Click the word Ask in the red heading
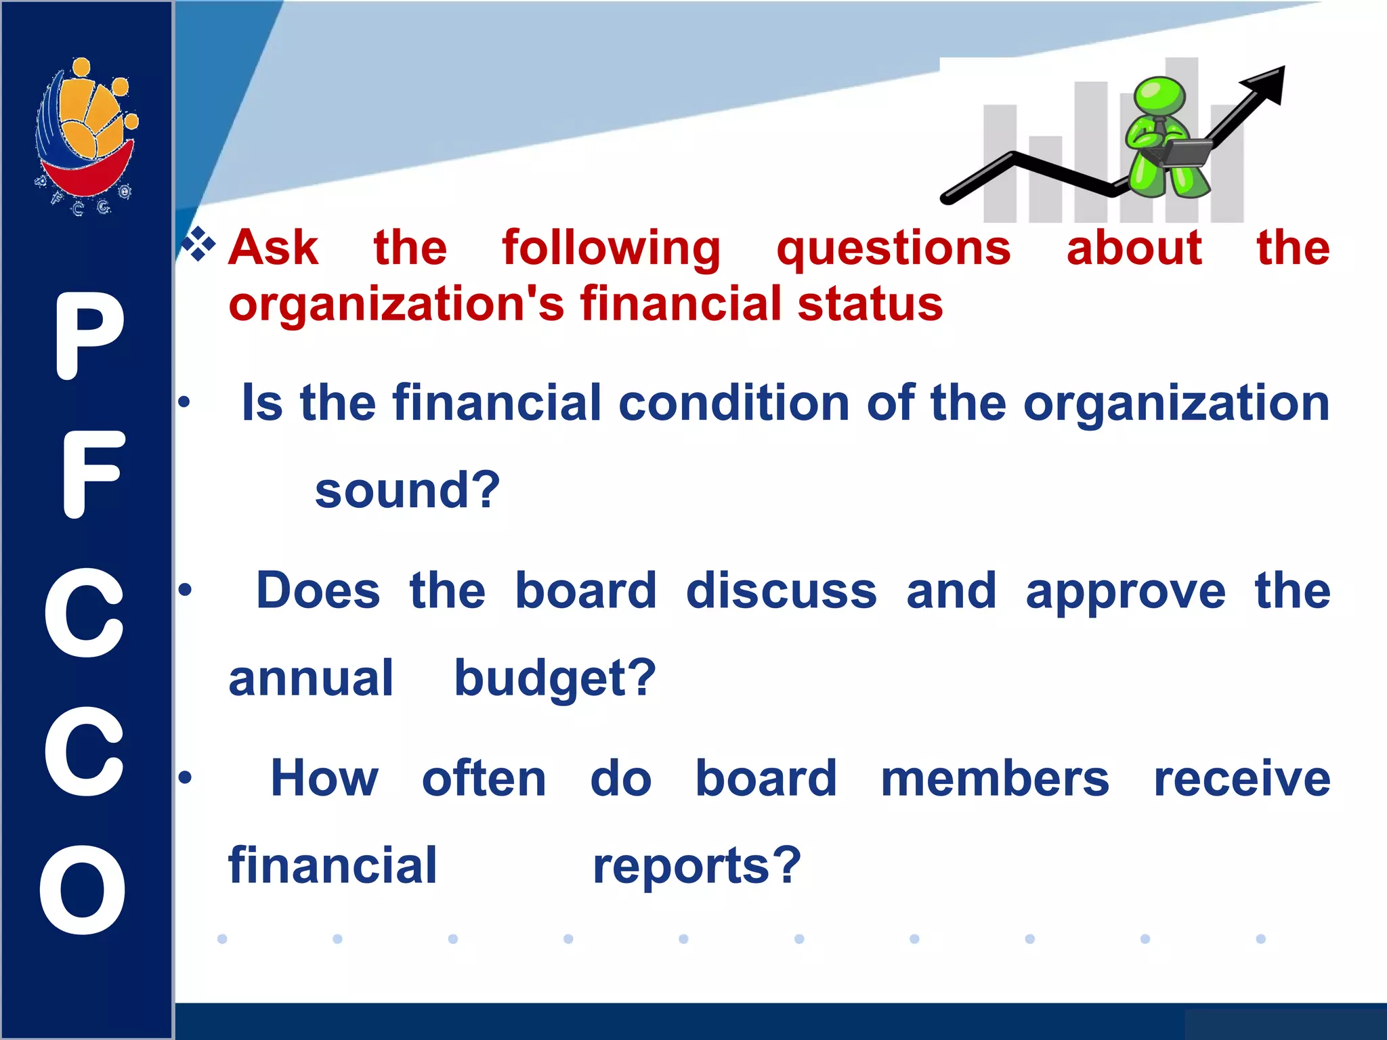(273, 248)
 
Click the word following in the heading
(611, 249)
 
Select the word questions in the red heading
(893, 249)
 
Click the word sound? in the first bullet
(407, 490)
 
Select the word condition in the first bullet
(733, 404)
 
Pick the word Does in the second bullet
(318, 590)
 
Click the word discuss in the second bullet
(781, 590)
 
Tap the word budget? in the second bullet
(555, 678)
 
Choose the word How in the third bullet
(324, 779)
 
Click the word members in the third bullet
(994, 779)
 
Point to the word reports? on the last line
(697, 867)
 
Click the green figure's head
(1159, 96)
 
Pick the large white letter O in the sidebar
(83, 890)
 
